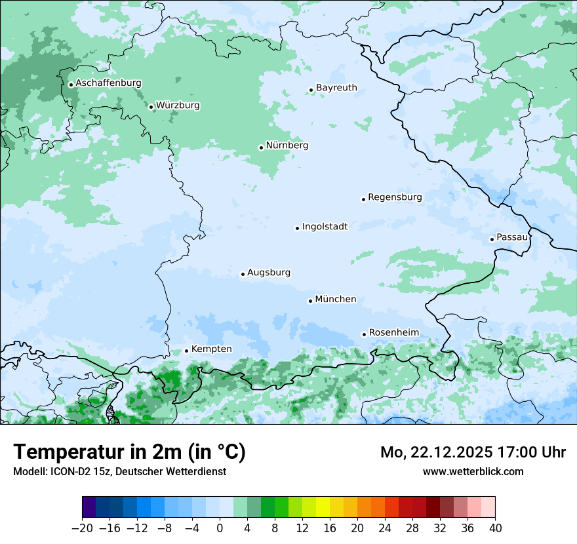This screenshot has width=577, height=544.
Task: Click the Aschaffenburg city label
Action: coord(108,83)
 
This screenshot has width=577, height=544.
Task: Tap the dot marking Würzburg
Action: coord(151,107)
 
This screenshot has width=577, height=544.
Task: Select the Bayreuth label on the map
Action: coord(336,88)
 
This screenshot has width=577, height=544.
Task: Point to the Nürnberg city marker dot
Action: coord(261,147)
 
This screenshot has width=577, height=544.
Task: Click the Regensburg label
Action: coord(395,197)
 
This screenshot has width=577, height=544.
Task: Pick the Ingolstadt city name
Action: coord(325,227)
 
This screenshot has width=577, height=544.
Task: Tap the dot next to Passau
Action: coord(492,239)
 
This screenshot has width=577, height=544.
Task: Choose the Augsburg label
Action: coord(269,273)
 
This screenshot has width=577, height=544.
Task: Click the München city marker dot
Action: coord(310,301)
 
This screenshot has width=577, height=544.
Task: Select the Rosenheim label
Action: coord(393,333)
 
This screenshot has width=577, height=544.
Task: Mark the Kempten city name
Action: coord(211,349)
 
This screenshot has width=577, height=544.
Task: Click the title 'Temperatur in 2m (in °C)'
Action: coord(129,452)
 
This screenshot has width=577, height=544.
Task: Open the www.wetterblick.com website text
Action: coord(473,471)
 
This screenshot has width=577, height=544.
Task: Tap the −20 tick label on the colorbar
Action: coord(82,528)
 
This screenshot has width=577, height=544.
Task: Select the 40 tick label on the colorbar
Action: coord(495,528)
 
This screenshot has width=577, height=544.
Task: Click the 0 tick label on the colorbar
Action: coord(220,528)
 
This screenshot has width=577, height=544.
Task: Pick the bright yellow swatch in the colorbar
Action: coord(323,507)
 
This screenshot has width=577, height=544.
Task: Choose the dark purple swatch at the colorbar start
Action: coord(89,507)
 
